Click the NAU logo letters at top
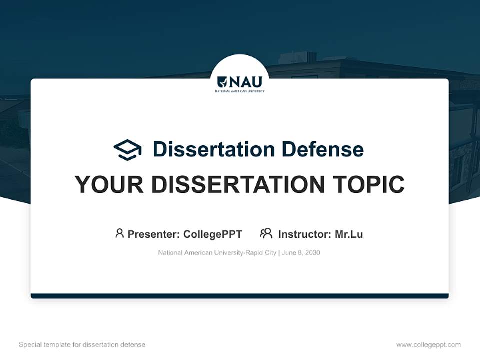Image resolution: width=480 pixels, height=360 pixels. coord(246,82)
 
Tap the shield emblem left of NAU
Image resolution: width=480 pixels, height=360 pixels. coord(222,82)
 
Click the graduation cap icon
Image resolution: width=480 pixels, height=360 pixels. coord(127,150)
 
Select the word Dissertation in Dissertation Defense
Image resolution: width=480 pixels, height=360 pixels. coord(214,149)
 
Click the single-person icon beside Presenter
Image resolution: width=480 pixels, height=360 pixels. coord(119,233)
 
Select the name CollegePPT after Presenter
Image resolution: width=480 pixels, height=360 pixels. coord(212,234)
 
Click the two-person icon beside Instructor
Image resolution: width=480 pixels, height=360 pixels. coord(266,233)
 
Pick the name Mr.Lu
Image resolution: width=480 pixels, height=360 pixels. coord(349,234)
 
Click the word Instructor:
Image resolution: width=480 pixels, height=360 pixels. coord(304,234)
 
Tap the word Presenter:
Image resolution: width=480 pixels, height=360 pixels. coord(154,234)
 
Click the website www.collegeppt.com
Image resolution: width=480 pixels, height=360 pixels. coord(428,345)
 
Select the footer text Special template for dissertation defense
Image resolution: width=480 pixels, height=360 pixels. coord(82,345)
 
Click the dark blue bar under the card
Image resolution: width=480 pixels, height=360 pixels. coord(240,296)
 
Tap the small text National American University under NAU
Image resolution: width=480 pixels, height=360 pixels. coord(240,91)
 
